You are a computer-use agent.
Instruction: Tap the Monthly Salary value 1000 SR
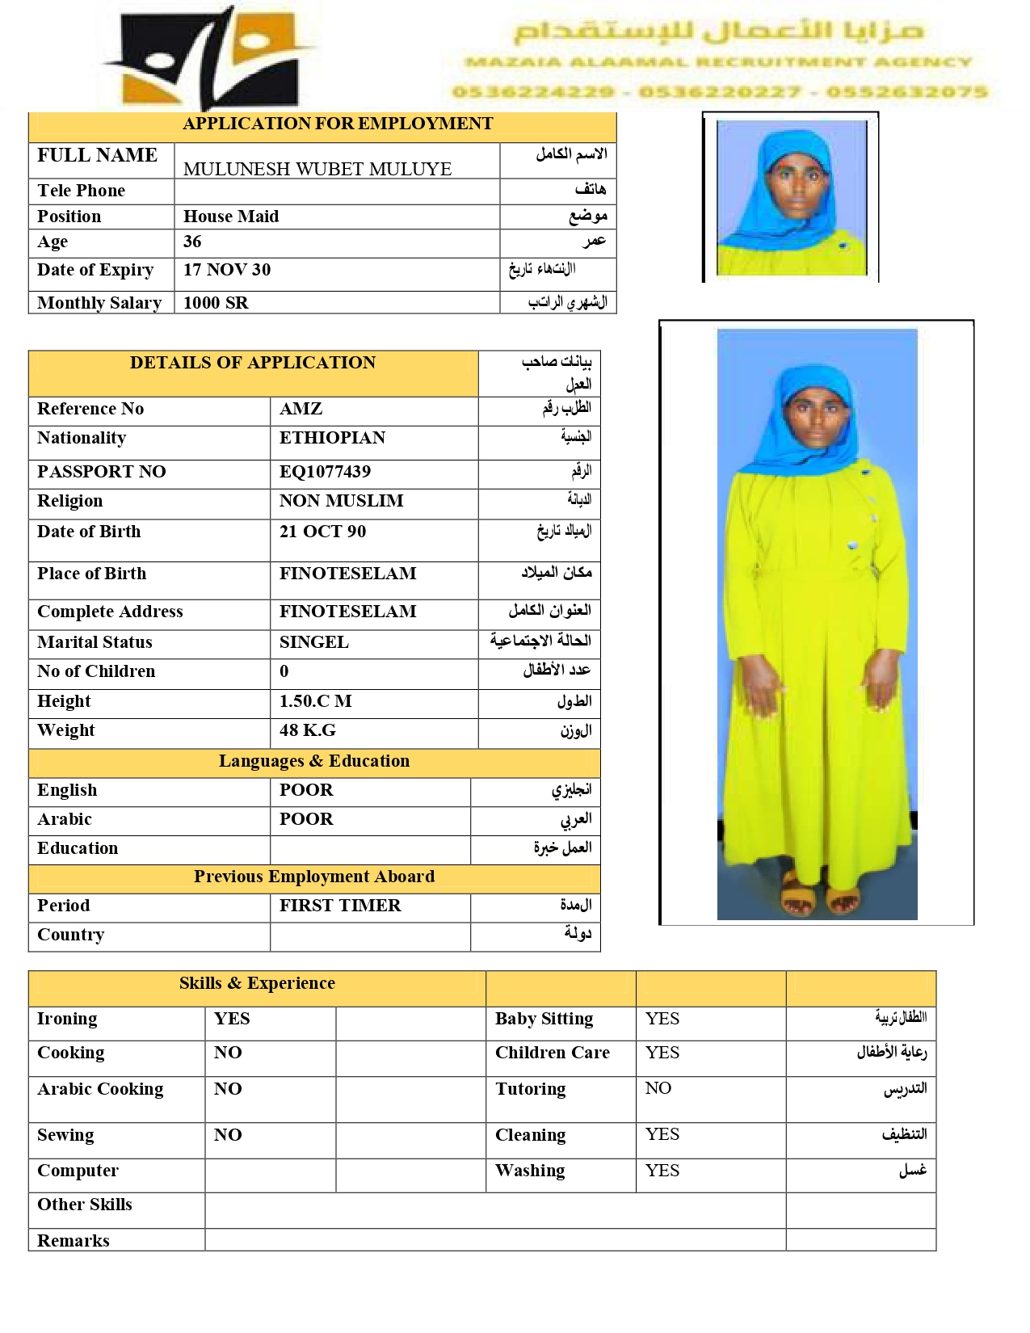[x=216, y=303]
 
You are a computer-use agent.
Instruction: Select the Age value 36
[x=192, y=242]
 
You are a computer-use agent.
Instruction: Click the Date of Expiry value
[x=227, y=270]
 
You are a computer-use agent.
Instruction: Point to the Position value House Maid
[x=231, y=217]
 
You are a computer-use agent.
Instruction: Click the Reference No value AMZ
[x=301, y=409]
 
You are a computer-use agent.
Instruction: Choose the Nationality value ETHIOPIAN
[x=332, y=438]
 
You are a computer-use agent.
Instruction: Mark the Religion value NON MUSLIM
[x=341, y=501]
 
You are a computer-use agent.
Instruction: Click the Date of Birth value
[x=322, y=532]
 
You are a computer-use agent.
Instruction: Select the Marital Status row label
[x=95, y=642]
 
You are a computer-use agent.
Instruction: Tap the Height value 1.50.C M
[x=315, y=701]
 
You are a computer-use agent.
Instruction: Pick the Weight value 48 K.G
[x=307, y=730]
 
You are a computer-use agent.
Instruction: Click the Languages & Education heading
[x=313, y=761]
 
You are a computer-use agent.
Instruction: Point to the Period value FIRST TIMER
[x=340, y=906]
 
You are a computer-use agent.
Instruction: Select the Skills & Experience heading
[x=257, y=983]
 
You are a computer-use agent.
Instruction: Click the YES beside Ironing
[x=232, y=1019]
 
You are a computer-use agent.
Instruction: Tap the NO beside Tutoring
[x=658, y=1088]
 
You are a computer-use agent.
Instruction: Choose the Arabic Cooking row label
[x=100, y=1089]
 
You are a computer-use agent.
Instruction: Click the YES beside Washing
[x=662, y=1171]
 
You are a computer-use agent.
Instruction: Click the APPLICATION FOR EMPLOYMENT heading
[x=338, y=124]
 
